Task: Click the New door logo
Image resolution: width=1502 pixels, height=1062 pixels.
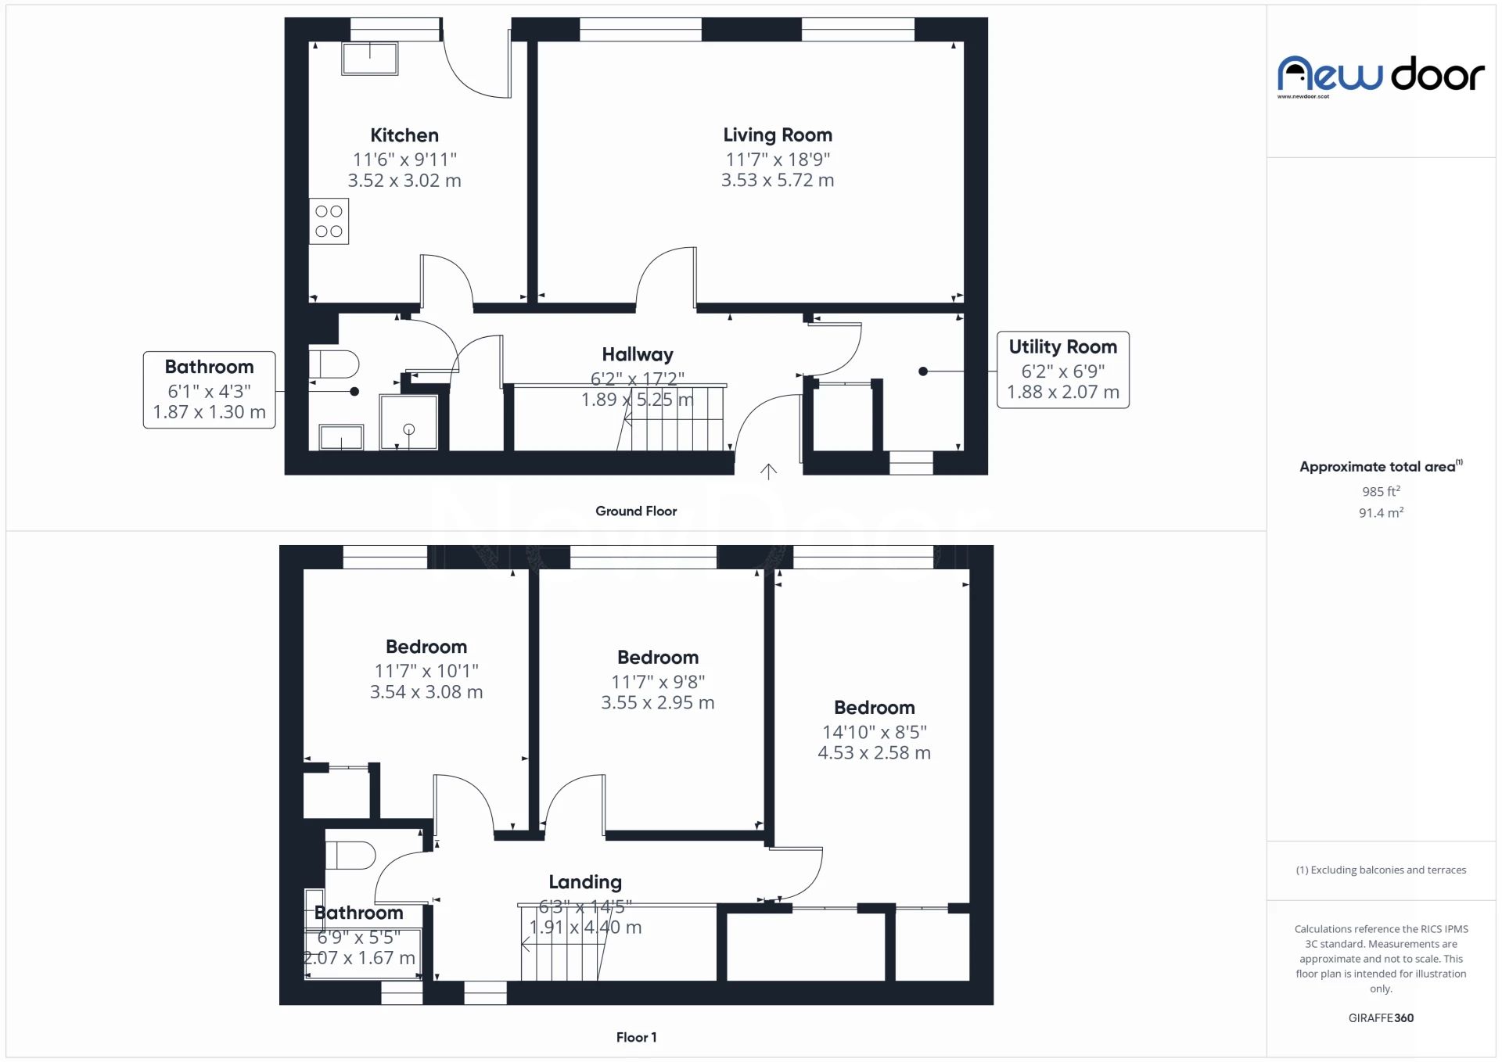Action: coord(1381,77)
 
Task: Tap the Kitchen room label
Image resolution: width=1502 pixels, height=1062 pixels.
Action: coord(404,135)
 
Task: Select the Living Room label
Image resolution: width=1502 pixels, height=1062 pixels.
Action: coord(778,135)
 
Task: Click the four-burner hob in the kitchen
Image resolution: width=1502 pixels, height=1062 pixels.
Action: coord(329,221)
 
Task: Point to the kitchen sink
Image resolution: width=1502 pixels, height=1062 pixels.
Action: coord(370,59)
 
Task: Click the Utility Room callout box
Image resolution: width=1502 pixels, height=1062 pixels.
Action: coord(1063,370)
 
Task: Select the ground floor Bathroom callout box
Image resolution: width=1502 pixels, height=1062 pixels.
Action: coord(210,390)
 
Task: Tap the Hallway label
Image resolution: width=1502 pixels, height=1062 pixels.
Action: coord(638,355)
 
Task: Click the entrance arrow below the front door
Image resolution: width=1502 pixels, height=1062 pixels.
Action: coord(769,471)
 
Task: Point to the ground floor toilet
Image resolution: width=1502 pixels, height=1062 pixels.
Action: coord(334,364)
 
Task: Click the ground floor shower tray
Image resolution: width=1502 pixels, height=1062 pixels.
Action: coord(408,422)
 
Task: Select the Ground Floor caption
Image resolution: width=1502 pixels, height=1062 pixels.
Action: coord(636,511)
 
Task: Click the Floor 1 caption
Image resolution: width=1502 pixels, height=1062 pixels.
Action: coord(636,1037)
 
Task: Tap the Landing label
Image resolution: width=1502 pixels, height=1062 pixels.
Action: coord(585,882)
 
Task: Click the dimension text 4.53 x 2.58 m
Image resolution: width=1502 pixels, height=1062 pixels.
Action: coord(875,753)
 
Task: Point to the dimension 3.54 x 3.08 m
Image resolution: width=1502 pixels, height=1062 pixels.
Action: coord(426,692)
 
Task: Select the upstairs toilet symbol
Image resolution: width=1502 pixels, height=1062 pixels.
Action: coord(350,855)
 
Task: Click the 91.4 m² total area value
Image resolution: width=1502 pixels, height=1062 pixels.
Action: coord(1381,513)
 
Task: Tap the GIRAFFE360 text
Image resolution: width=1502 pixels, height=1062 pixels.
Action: coord(1381,1017)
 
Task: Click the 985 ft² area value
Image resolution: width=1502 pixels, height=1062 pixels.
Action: coord(1381,491)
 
